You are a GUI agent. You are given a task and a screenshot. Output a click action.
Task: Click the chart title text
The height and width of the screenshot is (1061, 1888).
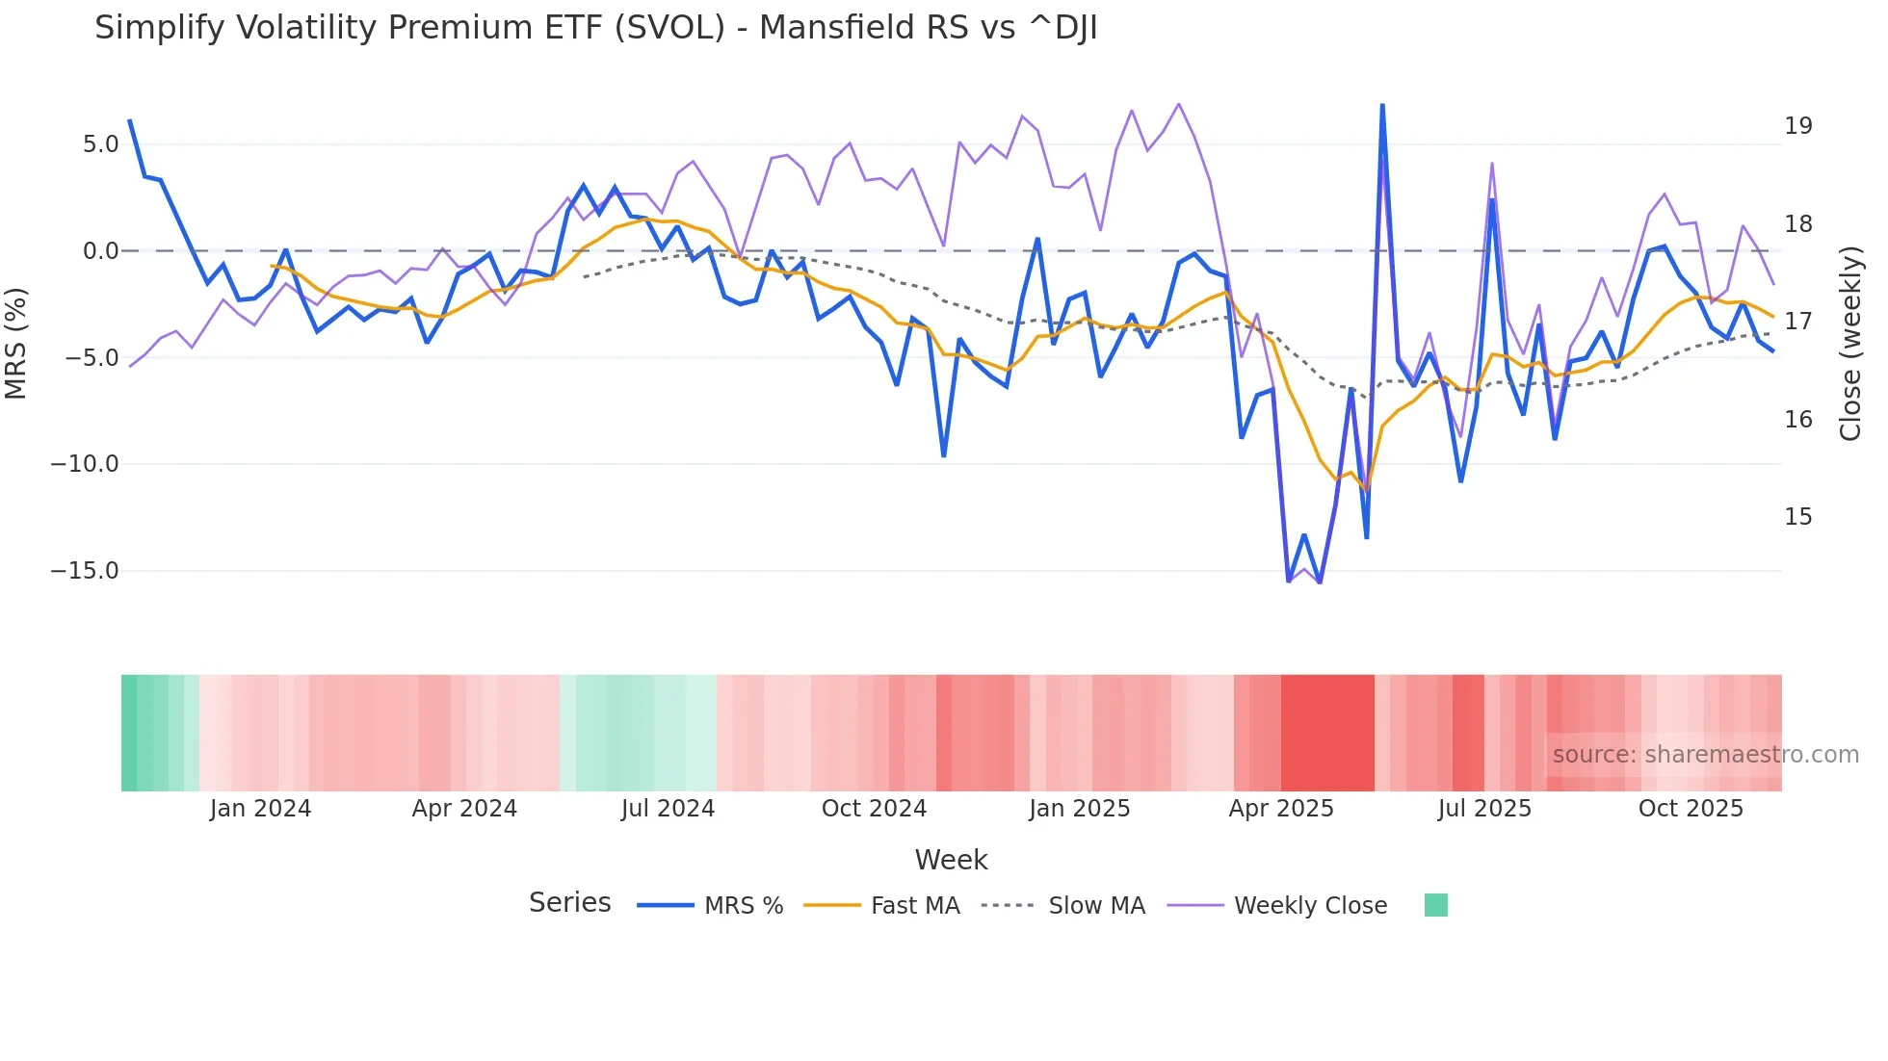pyautogui.click(x=595, y=28)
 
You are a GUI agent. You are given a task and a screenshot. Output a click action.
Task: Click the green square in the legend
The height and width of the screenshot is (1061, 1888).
pyautogui.click(x=1435, y=905)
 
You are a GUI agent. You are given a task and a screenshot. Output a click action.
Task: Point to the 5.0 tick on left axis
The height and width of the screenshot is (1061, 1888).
pyautogui.click(x=100, y=144)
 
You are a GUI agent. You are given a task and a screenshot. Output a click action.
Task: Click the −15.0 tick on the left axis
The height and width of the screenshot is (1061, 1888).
pyautogui.click(x=85, y=571)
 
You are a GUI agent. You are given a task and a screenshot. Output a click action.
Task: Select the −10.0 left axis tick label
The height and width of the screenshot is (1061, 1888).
pyautogui.click(x=85, y=464)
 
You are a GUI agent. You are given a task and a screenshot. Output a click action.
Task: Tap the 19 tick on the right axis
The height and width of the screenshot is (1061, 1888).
pyautogui.click(x=1797, y=126)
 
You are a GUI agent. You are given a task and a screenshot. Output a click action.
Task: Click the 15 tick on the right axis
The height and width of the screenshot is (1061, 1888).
pyautogui.click(x=1797, y=517)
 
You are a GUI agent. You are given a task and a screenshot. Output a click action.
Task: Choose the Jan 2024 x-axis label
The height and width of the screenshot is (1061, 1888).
pyautogui.click(x=260, y=809)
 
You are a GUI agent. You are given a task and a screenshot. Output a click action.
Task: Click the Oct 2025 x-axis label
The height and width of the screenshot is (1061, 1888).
pyautogui.click(x=1691, y=809)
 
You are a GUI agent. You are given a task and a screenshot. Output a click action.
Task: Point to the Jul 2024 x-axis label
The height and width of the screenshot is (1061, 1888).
pyautogui.click(x=668, y=809)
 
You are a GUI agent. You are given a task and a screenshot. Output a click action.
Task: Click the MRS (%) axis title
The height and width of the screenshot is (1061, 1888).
pyautogui.click(x=16, y=343)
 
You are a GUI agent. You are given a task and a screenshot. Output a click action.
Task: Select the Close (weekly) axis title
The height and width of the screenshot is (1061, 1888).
pyautogui.click(x=1850, y=344)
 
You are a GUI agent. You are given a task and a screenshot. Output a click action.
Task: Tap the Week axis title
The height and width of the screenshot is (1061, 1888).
pyautogui.click(x=951, y=860)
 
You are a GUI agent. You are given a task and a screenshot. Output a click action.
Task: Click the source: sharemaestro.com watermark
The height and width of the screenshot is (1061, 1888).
pyautogui.click(x=1705, y=755)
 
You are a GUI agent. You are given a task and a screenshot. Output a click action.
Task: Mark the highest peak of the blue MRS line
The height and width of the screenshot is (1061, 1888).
pyautogui.click(x=1382, y=105)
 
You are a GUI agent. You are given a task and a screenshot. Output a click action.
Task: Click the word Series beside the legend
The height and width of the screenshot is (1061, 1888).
pyautogui.click(x=569, y=903)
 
